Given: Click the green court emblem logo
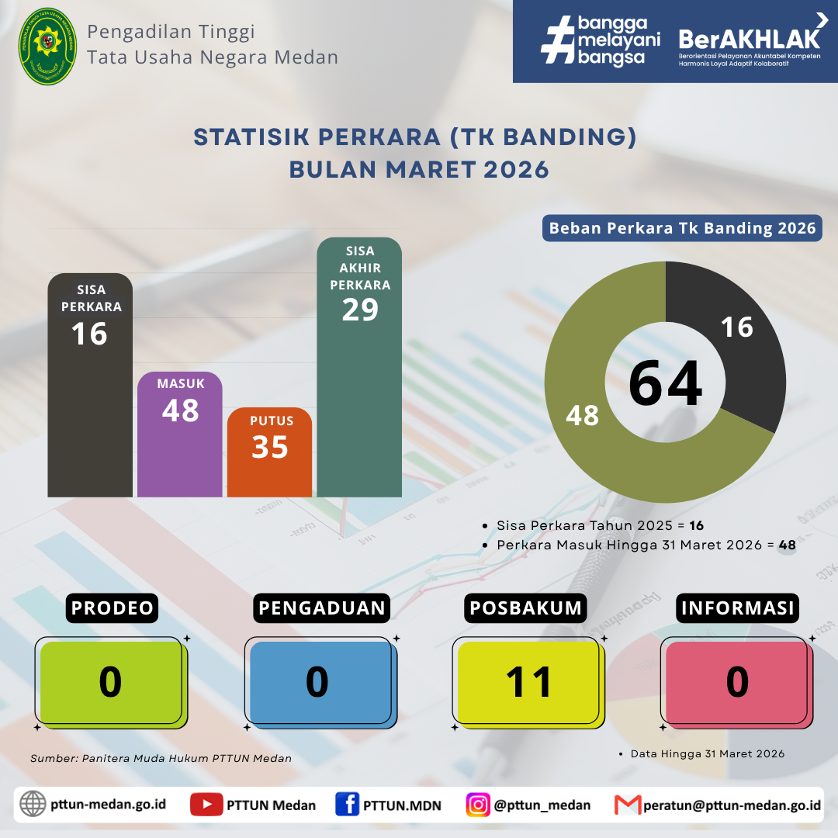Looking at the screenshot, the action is point(47,47).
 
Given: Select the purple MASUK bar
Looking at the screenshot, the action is point(179,435).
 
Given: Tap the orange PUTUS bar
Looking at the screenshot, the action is point(269,452).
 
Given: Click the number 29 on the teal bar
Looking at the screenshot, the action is point(360,310).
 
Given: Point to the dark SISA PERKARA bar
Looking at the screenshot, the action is point(90,386).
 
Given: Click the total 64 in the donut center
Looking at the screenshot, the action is point(666,383).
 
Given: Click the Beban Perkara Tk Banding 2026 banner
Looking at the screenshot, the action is point(682,228).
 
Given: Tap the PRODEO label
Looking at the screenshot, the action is point(113,608).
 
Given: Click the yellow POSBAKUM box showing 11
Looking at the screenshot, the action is point(528,683).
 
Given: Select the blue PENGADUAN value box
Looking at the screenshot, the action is point(320,683).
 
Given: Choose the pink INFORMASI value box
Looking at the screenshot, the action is point(736,683).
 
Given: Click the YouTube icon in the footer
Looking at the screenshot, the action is point(206,805).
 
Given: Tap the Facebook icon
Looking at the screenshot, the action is point(348,805).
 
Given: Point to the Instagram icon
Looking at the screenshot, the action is point(478,805).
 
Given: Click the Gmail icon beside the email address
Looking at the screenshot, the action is point(628,805).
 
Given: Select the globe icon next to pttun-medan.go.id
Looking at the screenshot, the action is point(33,804).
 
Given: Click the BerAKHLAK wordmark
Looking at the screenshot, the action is point(750,39).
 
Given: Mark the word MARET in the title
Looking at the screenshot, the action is point(431,170).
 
